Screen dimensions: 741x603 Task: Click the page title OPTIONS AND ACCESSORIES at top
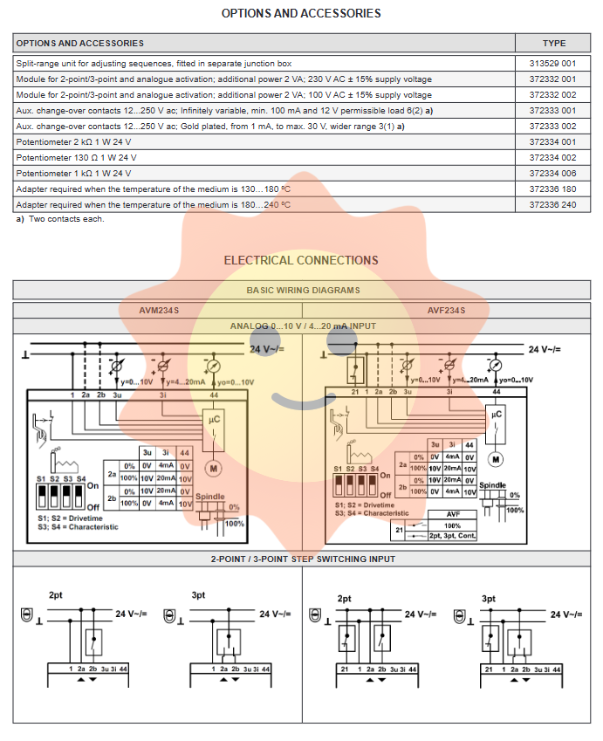[x=301, y=13]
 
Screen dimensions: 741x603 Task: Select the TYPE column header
[x=553, y=43]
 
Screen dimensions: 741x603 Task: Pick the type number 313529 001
[x=553, y=64]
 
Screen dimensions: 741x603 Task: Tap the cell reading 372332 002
[x=553, y=95]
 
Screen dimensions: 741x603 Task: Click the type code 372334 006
[x=553, y=174]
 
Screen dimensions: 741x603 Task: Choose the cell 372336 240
[x=553, y=205]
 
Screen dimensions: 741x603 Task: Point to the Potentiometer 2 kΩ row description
[x=74, y=142]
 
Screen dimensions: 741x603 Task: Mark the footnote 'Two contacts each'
[x=66, y=219]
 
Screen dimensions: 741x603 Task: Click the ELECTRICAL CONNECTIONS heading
[x=301, y=260]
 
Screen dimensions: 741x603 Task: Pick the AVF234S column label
[x=446, y=310]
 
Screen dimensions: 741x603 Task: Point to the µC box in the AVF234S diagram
[x=497, y=415]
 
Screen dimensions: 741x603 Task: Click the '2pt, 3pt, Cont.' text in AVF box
[x=452, y=535]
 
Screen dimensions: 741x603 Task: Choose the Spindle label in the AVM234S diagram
[x=209, y=496]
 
